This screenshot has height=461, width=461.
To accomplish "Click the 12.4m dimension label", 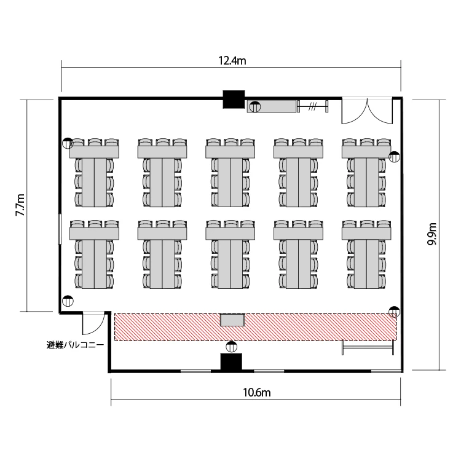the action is click(232, 61).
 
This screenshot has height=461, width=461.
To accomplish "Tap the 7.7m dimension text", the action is click(20, 205).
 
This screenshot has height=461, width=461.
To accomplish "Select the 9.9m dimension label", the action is click(432, 234).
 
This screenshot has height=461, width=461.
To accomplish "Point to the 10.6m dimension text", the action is click(257, 393).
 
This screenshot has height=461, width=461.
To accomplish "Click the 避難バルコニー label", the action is click(75, 345).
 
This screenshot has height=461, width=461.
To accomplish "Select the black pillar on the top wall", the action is click(234, 100).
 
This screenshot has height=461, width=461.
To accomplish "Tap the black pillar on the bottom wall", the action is click(231, 362).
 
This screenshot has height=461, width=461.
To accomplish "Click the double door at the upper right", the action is click(367, 111).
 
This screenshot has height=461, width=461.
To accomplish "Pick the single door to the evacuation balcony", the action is click(93, 323).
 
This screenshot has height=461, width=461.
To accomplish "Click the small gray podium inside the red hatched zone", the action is click(232, 320).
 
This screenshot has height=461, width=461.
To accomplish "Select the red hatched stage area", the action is click(255, 327).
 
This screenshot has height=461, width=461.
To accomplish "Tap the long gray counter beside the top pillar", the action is click(271, 106).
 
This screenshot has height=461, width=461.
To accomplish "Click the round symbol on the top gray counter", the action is click(255, 106).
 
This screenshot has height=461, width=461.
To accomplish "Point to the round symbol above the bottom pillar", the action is click(231, 347).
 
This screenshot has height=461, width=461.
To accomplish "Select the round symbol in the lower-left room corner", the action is click(68, 301).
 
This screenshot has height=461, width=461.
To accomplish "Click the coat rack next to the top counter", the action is click(312, 106).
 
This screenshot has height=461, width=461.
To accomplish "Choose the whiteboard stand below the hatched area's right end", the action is click(368, 347).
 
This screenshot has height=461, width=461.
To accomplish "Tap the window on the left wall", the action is click(60, 229).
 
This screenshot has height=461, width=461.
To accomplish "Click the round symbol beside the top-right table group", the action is click(394, 157).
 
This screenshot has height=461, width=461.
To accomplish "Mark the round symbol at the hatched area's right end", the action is click(394, 312).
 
